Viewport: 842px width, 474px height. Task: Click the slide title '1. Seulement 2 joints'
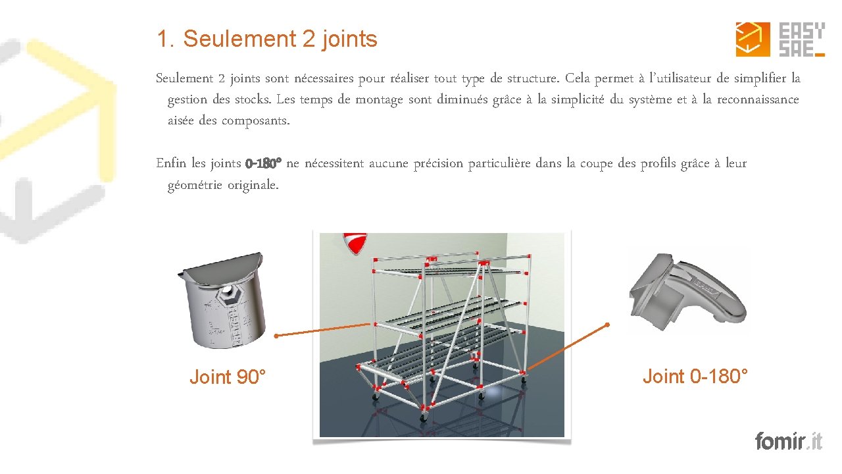point(267,39)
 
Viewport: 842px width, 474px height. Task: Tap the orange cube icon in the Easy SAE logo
point(753,39)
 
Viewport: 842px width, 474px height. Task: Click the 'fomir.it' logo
point(788,440)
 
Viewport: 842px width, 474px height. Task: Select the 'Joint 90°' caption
point(228,377)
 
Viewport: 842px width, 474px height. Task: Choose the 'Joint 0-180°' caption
point(695,377)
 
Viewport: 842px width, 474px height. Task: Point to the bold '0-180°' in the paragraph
point(263,163)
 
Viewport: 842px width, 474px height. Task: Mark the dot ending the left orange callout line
point(276,336)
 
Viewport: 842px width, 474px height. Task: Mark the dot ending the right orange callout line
point(607,324)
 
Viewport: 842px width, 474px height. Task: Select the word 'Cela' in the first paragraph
point(578,79)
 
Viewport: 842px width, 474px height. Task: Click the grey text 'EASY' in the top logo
point(801,31)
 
